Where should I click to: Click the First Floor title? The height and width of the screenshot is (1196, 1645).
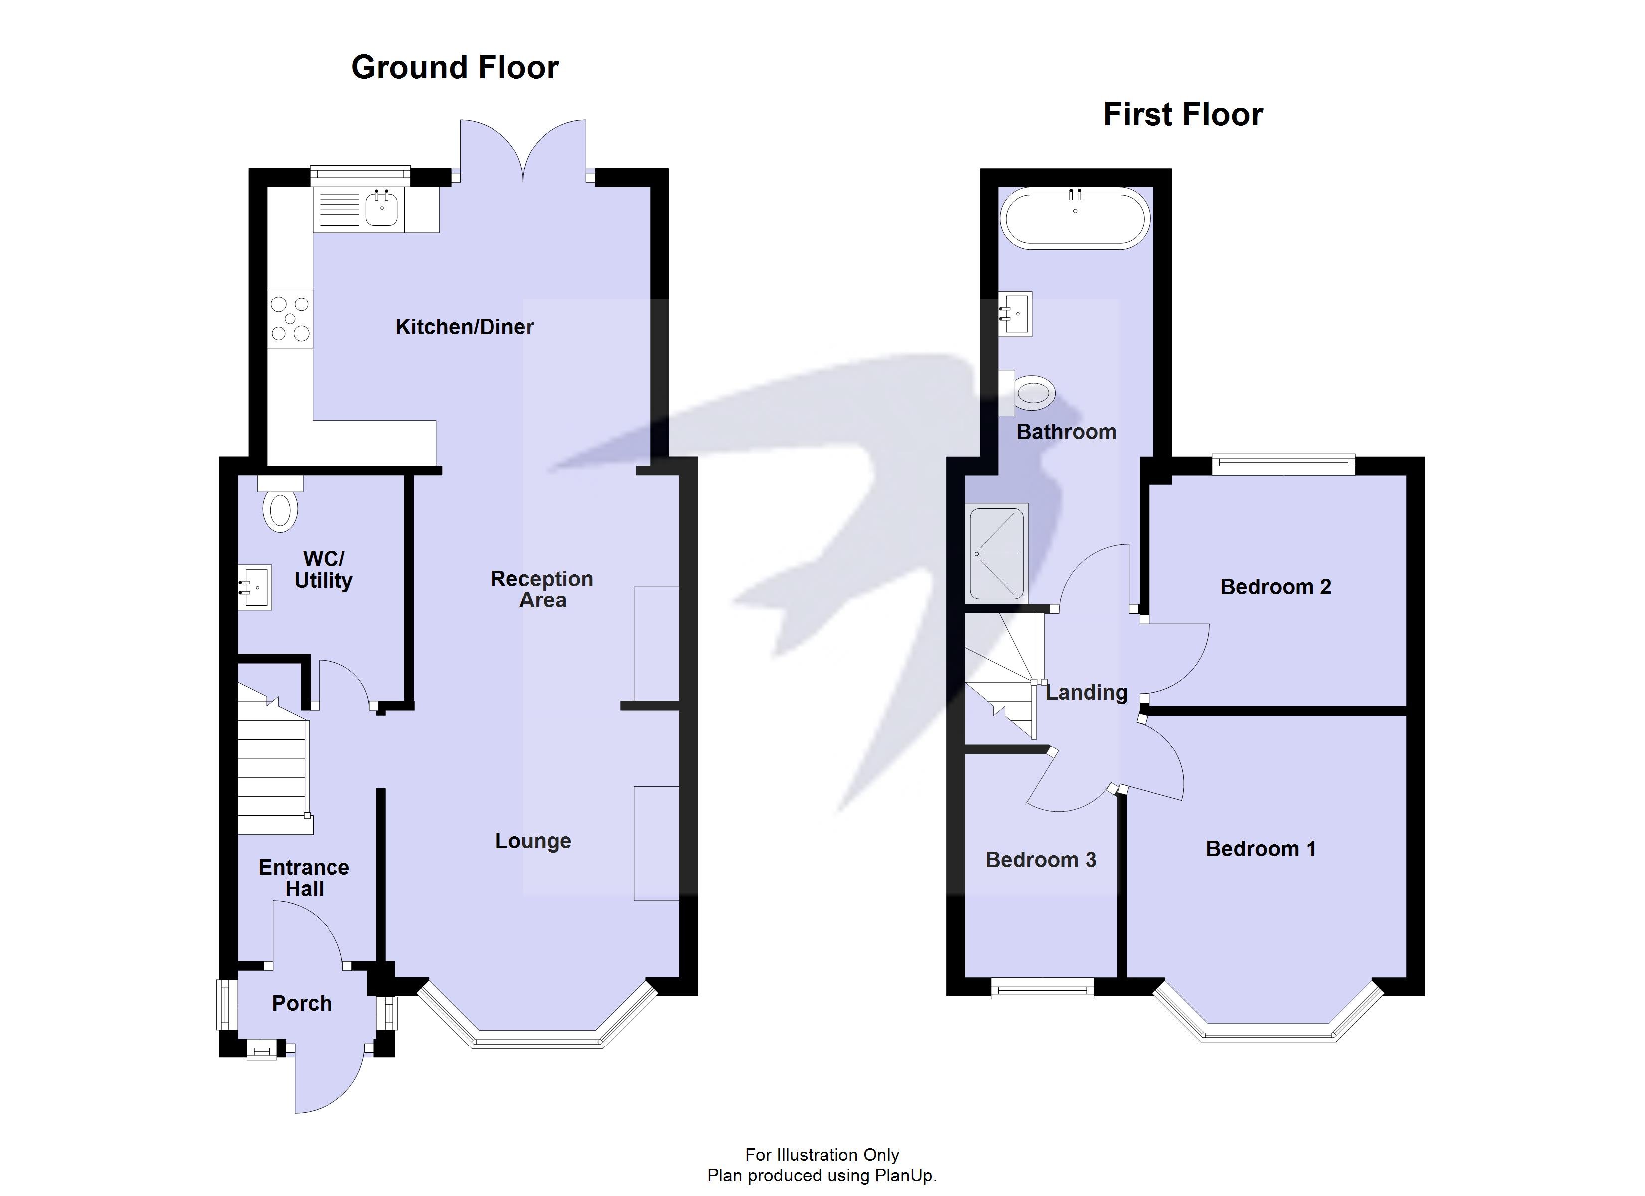pyautogui.click(x=1182, y=115)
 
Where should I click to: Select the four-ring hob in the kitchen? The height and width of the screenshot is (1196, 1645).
pyautogui.click(x=290, y=319)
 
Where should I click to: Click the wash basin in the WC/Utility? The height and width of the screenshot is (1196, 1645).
pyautogui.click(x=255, y=587)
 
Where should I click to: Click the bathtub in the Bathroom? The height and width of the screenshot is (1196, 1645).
pyautogui.click(x=1074, y=218)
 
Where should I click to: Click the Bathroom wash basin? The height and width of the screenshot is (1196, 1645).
pyautogui.click(x=1016, y=313)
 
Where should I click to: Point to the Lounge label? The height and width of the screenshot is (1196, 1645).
pyautogui.click(x=533, y=841)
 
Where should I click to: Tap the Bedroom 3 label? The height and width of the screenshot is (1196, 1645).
pyautogui.click(x=1040, y=860)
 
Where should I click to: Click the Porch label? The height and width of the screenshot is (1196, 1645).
pyautogui.click(x=302, y=1003)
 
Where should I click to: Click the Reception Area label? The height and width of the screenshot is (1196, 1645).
pyautogui.click(x=542, y=589)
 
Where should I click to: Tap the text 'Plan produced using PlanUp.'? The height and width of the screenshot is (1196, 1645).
pyautogui.click(x=822, y=1176)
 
